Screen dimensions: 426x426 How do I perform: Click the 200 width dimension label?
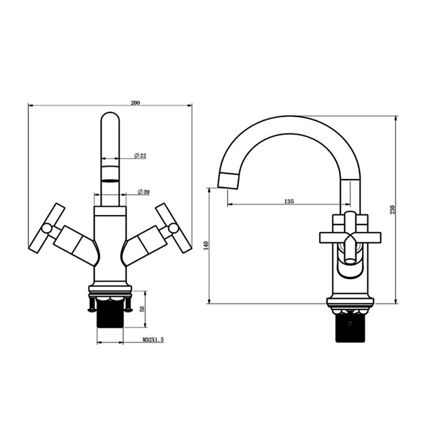pos(135,103)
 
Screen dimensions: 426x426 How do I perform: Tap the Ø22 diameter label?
pos(141,155)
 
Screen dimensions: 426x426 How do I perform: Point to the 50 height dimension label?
pos(142,309)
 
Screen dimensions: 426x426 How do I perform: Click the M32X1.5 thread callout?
pos(153,339)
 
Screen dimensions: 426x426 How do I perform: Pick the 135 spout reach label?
pos(289,201)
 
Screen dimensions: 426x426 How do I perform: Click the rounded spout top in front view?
pos(110,120)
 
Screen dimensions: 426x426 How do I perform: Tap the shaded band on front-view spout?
pos(110,174)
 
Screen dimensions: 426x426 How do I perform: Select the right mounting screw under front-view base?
pos(128,305)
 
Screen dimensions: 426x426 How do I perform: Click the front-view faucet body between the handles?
pos(110,245)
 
